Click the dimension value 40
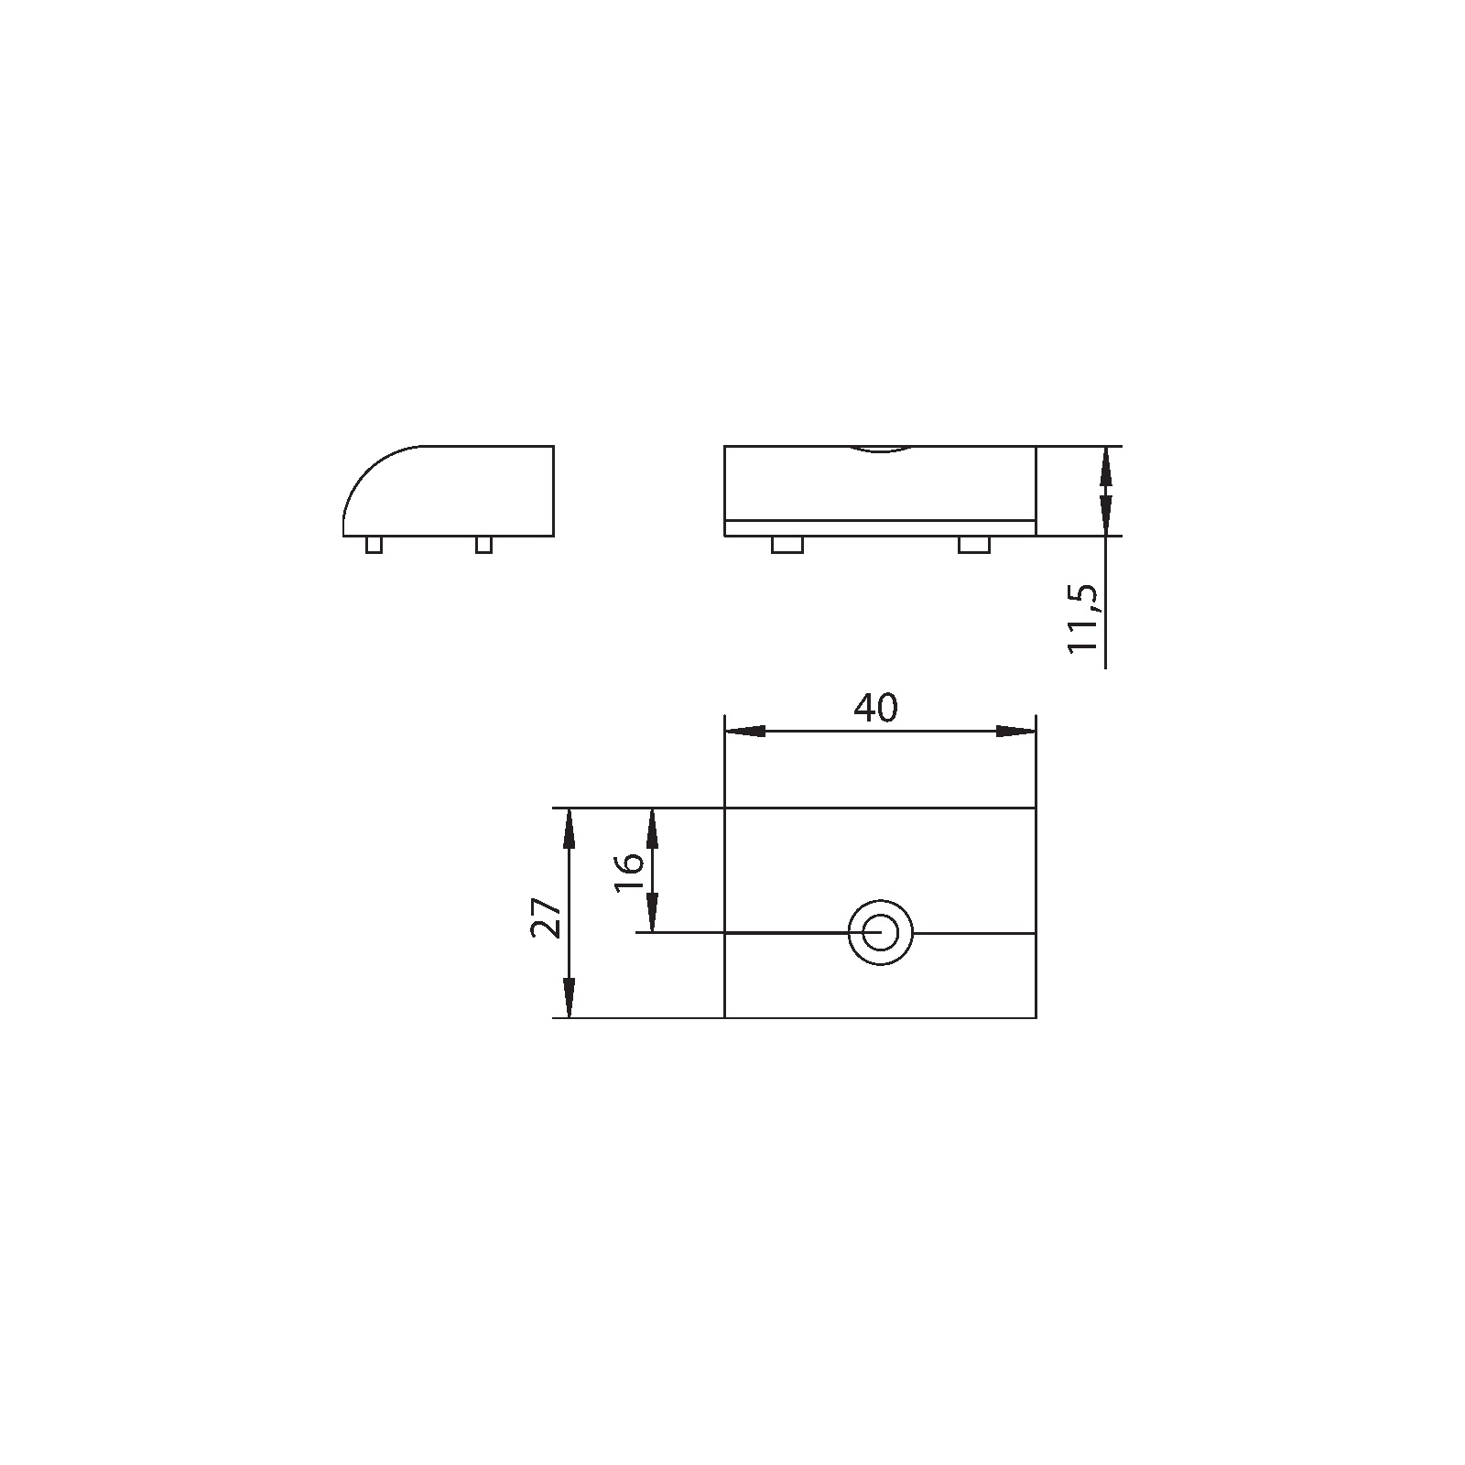[x=876, y=708]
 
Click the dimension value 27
[x=547, y=917]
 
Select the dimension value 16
[x=629, y=874]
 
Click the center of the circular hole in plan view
[x=880, y=933]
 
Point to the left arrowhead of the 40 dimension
[x=744, y=732]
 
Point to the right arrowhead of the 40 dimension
[x=1015, y=732]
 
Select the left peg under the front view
[x=787, y=545]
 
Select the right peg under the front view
[x=973, y=545]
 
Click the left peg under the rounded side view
[x=374, y=545]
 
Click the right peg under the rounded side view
[x=483, y=545]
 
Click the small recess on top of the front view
[x=880, y=450]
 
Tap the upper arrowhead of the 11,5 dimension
[x=1106, y=465]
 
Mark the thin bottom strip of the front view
[x=879, y=527]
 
